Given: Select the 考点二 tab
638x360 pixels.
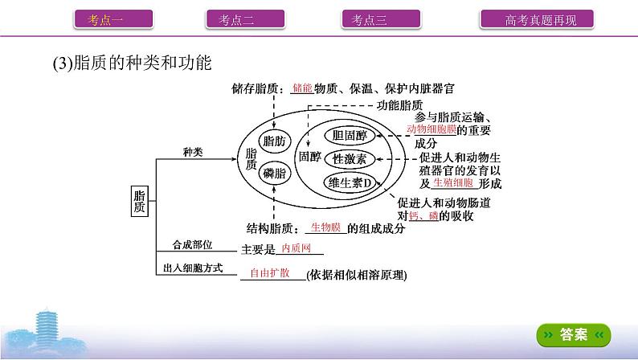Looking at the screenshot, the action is click(238, 20).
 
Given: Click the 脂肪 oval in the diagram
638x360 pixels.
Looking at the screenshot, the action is click(275, 141).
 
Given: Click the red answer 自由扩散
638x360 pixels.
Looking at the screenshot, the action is click(272, 272).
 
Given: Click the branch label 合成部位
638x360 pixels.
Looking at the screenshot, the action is click(193, 244).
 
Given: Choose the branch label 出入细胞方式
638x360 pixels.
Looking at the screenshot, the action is click(193, 268).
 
